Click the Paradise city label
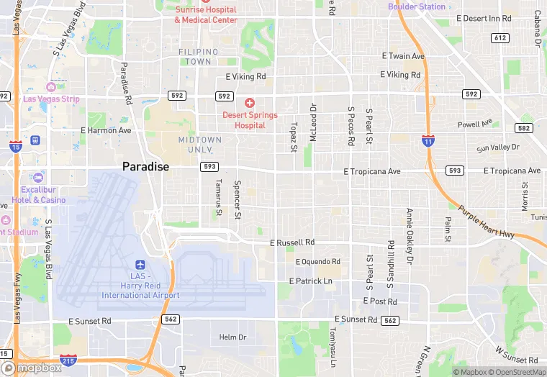145,166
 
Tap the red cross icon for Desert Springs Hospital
250,104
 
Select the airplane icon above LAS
140,265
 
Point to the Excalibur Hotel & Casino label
38,194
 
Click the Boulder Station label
417,6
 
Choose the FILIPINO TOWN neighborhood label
195,57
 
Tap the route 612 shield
499,37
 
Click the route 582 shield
523,127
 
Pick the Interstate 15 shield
16,147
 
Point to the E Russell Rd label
292,243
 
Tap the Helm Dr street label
232,337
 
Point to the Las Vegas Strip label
51,99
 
